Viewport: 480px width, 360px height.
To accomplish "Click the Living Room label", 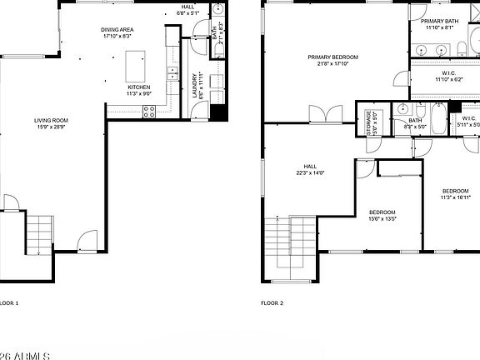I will [51, 120].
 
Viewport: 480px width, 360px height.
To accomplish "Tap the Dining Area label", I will [117, 29].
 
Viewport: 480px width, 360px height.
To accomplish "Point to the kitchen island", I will [135, 64].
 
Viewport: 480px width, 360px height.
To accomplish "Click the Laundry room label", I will [195, 87].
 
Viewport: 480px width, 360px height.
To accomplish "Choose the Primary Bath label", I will [438, 21].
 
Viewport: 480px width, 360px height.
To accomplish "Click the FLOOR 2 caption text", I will [272, 303].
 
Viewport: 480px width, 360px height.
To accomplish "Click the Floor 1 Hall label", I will [187, 7].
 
